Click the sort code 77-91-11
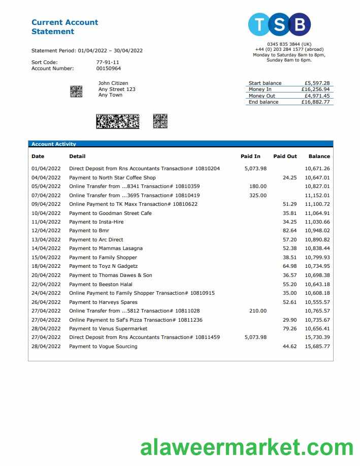108,63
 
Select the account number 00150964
109,69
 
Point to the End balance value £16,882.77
316,102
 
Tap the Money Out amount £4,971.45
317,96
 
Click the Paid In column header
250,157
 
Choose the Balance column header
319,157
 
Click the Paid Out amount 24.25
289,178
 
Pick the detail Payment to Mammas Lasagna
106,248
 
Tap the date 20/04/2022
46,275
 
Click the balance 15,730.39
317,337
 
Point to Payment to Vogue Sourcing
103,347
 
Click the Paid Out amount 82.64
289,231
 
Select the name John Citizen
113,83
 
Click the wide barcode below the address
117,121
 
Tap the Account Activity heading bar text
53,144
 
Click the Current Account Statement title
64,27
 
